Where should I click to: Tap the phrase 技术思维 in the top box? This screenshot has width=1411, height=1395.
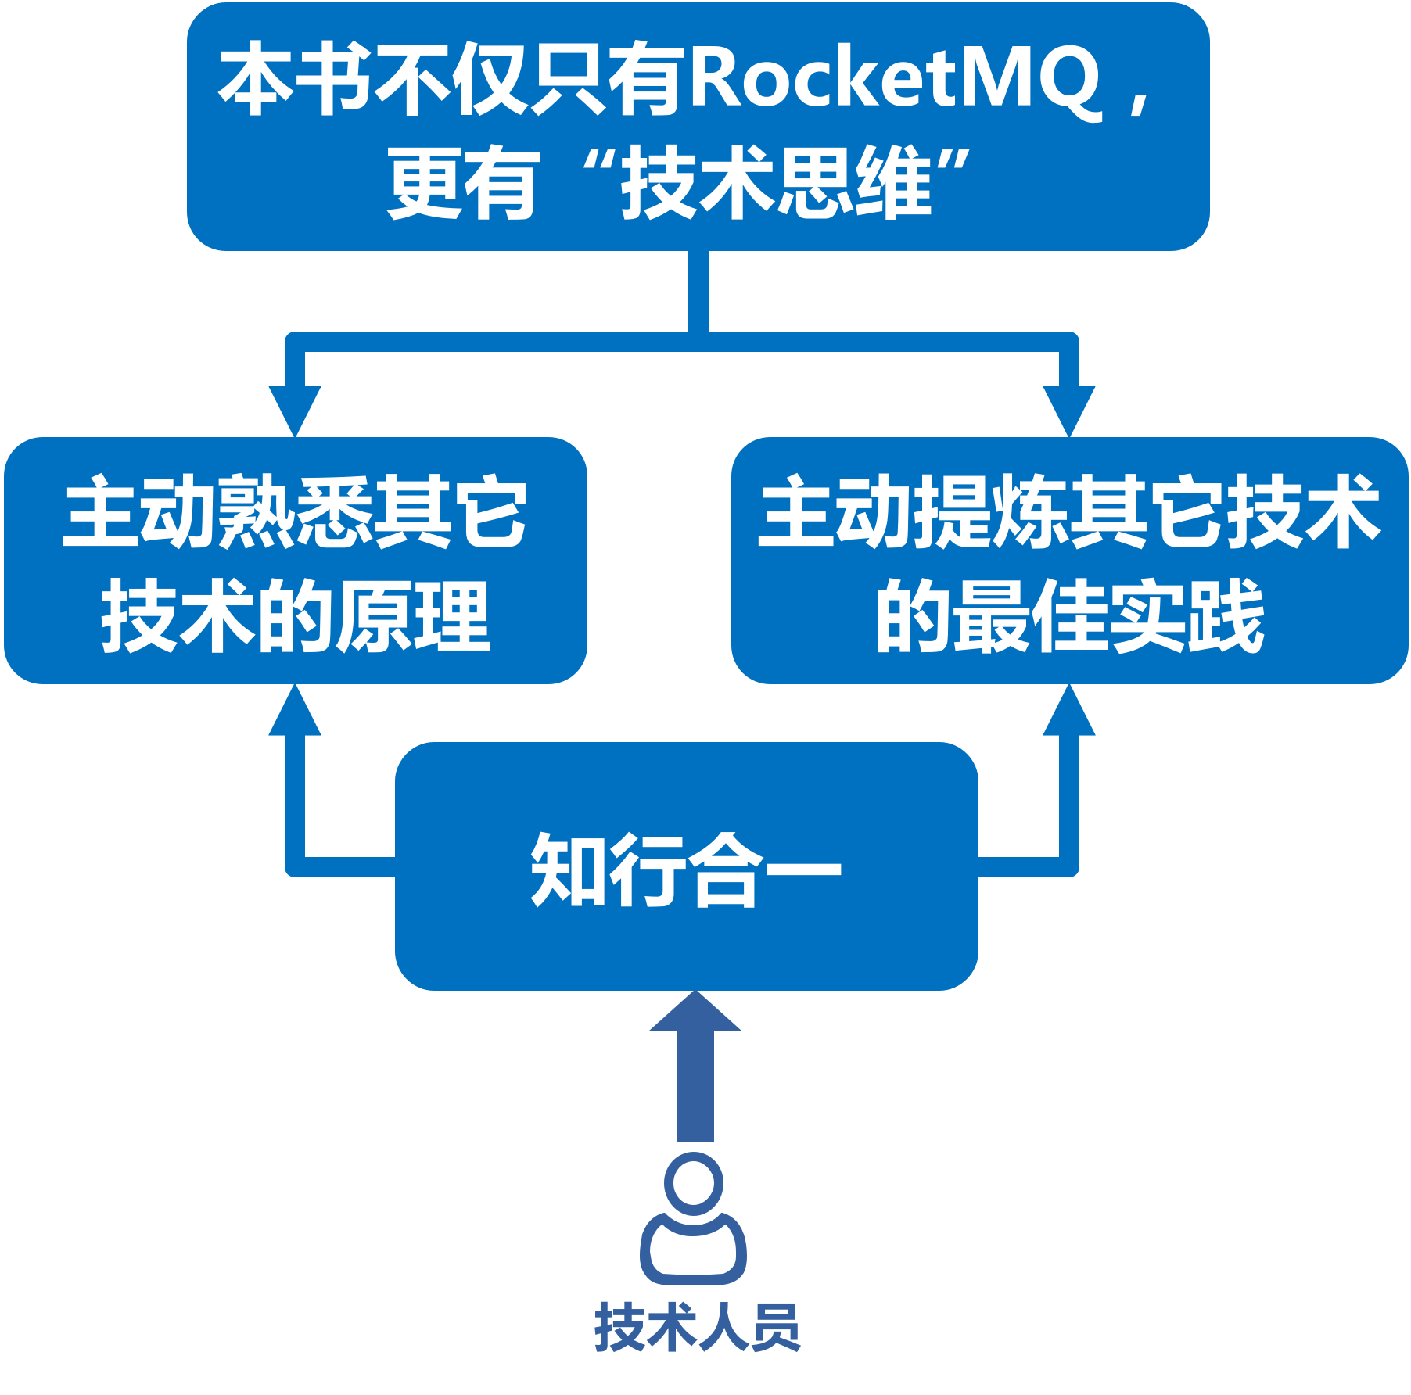tap(777, 183)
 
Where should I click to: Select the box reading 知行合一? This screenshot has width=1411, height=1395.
tap(686, 866)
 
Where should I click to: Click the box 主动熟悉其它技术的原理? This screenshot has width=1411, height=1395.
tap(296, 560)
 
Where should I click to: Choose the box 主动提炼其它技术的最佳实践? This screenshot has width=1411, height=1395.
tap(1069, 560)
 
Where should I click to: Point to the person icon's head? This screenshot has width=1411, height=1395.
tap(694, 1182)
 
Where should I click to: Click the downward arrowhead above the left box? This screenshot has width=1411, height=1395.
tap(295, 408)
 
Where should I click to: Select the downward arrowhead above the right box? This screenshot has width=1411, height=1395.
tap(1069, 408)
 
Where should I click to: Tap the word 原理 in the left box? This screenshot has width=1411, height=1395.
tap(413, 616)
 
